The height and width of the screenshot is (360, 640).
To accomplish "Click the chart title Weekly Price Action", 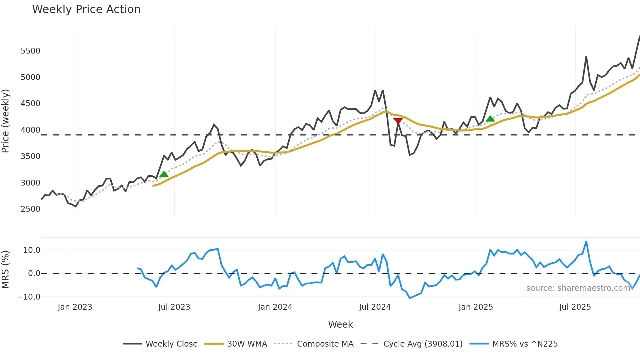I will (x=86, y=9).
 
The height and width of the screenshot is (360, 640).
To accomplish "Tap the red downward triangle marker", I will (x=398, y=121).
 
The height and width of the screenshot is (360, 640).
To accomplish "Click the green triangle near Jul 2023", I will (x=164, y=174).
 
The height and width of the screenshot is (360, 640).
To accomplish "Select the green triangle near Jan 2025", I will (x=490, y=119).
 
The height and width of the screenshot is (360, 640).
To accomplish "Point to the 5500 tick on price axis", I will (x=30, y=51).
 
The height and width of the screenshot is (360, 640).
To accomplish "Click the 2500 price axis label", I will (x=30, y=209).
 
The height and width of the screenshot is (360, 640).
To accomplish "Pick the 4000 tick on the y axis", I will (x=30, y=130).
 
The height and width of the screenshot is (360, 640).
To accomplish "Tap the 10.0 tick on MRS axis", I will (x=31, y=250).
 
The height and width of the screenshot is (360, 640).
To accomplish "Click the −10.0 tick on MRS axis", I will (x=29, y=297).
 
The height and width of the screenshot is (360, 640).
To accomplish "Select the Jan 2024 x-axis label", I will (x=275, y=307).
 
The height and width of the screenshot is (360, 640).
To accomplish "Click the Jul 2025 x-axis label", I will (x=575, y=307).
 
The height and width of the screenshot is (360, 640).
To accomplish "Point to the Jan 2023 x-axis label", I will (x=75, y=307).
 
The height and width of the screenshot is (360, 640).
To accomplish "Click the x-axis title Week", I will (x=340, y=324).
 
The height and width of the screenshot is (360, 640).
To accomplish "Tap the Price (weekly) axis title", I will (x=6, y=121).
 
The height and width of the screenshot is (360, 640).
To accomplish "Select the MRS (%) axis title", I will (x=6, y=270).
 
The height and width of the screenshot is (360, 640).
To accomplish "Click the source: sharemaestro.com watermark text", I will (x=578, y=288).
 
